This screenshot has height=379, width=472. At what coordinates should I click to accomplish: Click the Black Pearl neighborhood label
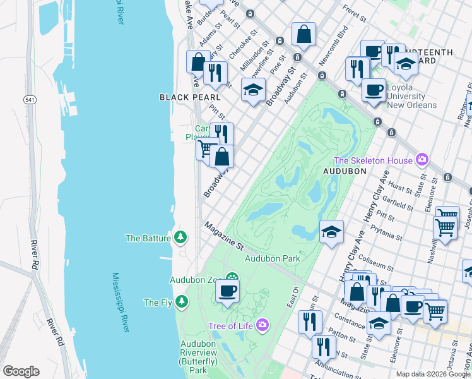(190, 97)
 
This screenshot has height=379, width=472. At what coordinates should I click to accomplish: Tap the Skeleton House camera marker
(422, 160)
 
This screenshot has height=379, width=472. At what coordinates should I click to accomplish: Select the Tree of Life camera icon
(262, 326)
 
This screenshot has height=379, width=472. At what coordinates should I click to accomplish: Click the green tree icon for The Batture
(182, 238)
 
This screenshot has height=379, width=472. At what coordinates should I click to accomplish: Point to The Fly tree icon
(182, 302)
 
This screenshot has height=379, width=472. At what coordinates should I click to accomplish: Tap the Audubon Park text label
(272, 258)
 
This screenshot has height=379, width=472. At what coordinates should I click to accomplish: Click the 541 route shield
(30, 100)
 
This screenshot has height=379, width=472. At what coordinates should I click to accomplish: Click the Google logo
(21, 371)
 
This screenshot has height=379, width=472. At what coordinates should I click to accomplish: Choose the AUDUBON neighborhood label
(345, 171)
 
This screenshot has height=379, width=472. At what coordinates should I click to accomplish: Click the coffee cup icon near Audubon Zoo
(227, 291)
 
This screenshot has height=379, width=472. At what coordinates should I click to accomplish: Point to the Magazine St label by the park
(224, 235)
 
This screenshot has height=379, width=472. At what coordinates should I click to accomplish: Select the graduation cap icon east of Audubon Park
(331, 232)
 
